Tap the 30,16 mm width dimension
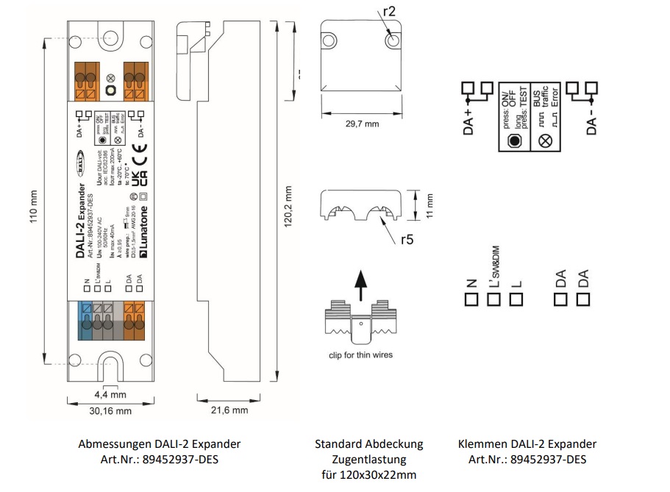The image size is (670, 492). (x=109, y=410)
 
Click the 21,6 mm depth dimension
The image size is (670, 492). (x=229, y=410)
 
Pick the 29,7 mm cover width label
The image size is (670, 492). (x=363, y=124)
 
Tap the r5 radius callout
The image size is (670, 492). (x=407, y=239)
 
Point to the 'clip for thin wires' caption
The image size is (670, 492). (x=360, y=355)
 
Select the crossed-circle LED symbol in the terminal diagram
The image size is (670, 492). (x=546, y=139)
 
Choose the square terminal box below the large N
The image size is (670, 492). (x=471, y=299)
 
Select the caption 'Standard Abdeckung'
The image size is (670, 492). (x=369, y=444)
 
